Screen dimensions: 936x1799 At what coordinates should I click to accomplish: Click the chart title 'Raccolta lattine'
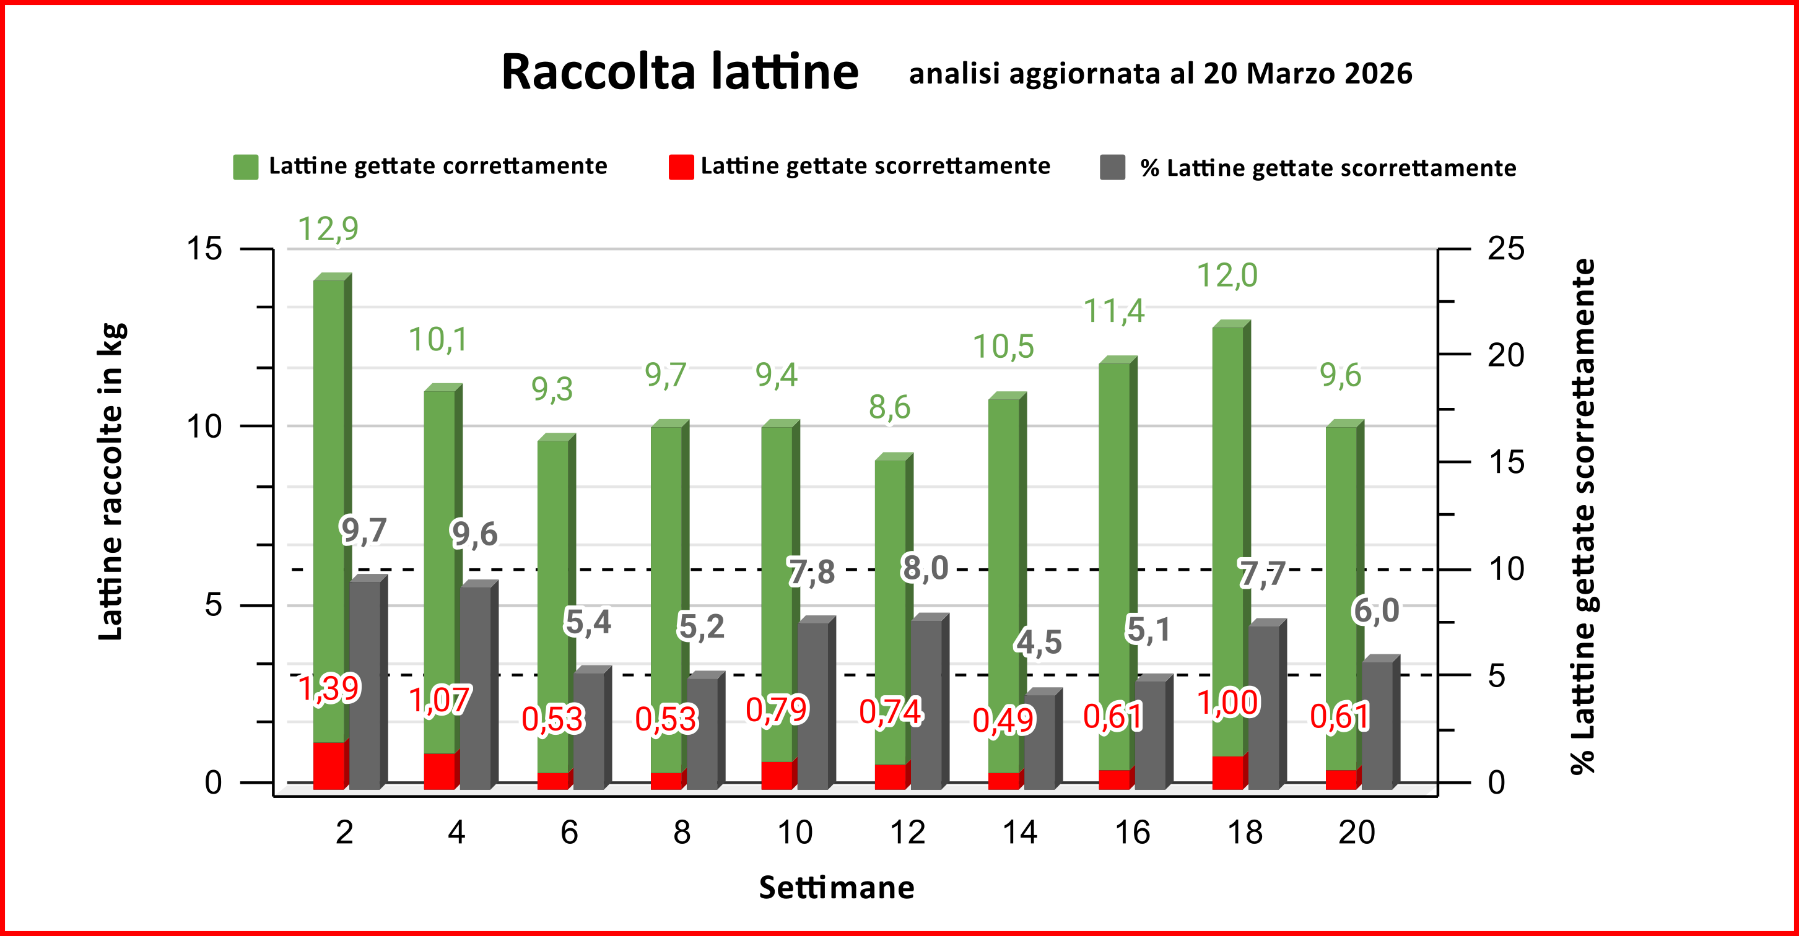pyautogui.click(x=679, y=72)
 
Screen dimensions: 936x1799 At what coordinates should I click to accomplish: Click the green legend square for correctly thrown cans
pyautogui.click(x=245, y=167)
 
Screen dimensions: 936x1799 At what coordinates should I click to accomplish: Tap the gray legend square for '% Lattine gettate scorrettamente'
pyautogui.click(x=1112, y=168)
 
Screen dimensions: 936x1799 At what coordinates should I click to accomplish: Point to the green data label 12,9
pyautogui.click(x=328, y=229)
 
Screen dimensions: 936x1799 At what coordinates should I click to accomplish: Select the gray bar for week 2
pyautogui.click(x=365, y=684)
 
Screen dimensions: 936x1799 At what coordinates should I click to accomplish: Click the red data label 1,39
pyautogui.click(x=328, y=689)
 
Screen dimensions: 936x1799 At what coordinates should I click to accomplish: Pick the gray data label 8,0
pyautogui.click(x=925, y=568)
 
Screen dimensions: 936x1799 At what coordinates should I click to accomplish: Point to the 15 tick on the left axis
pyautogui.click(x=204, y=248)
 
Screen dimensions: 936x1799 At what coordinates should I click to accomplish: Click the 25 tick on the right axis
pyautogui.click(x=1505, y=248)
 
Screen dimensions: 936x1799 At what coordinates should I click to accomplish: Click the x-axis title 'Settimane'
pyautogui.click(x=836, y=888)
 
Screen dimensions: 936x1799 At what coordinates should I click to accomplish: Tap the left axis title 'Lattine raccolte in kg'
pyautogui.click(x=111, y=482)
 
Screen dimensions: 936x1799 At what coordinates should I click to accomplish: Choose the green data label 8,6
pyautogui.click(x=889, y=407)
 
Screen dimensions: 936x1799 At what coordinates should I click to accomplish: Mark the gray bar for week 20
pyautogui.click(x=1377, y=726)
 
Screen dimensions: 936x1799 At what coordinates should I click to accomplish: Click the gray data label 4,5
pyautogui.click(x=1038, y=642)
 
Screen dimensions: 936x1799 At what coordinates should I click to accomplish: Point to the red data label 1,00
pyautogui.click(x=1228, y=702)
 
